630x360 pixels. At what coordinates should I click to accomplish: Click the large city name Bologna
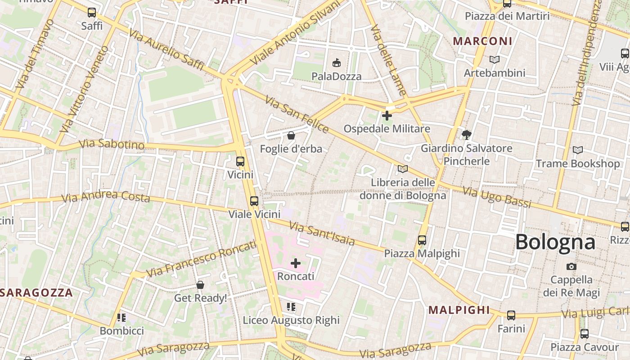[555, 242]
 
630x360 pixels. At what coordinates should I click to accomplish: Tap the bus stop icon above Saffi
[92, 13]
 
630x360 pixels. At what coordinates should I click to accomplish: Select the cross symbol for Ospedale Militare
[387, 116]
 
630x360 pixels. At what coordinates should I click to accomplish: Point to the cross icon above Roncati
[296, 263]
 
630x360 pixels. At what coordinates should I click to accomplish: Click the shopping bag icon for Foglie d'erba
[291, 135]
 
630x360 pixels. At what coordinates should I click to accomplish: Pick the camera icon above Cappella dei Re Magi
[571, 266]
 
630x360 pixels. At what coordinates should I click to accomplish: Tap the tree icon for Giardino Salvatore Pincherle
[466, 135]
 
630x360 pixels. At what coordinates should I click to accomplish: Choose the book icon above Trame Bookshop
[577, 150]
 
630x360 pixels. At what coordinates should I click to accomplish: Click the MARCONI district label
[482, 41]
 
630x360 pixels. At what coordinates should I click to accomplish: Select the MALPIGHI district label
[459, 310]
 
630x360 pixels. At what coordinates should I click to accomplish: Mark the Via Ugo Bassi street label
[497, 198]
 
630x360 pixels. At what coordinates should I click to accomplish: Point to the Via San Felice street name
[297, 114]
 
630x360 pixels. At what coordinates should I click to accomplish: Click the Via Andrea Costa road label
[105, 196]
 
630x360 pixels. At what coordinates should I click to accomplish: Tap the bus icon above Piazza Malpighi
[422, 240]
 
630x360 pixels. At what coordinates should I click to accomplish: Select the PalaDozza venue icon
[336, 63]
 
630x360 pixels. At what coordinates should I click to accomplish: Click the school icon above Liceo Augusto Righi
[291, 307]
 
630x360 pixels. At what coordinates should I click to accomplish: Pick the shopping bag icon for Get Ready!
[200, 285]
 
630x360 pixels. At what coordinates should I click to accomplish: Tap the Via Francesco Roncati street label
[201, 259]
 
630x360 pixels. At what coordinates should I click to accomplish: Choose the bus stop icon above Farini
[511, 315]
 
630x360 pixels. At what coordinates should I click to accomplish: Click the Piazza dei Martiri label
[507, 16]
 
